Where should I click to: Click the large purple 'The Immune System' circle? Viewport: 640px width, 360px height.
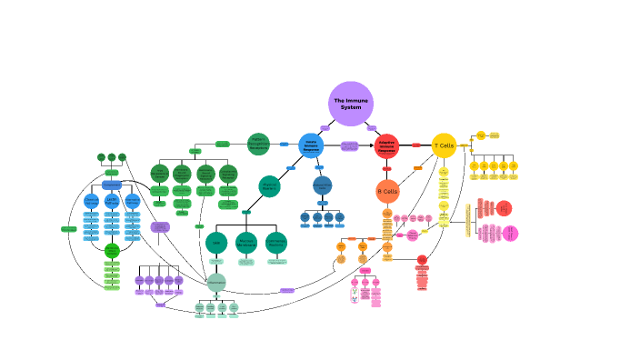click(x=351, y=104)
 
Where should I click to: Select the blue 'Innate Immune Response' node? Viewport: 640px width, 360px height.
click(x=311, y=145)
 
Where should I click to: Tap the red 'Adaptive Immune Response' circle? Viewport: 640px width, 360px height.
click(x=386, y=145)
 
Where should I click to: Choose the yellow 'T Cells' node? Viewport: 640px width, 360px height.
click(x=444, y=145)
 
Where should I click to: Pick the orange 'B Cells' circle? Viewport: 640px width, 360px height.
click(x=388, y=191)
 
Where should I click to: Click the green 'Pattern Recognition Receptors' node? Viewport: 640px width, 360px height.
click(x=258, y=144)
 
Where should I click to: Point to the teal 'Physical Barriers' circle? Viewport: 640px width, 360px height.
click(x=269, y=186)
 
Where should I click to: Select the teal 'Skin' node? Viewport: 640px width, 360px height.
click(x=216, y=243)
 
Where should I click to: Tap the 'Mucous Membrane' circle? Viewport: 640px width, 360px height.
click(x=246, y=243)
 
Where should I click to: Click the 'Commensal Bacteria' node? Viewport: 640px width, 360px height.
click(x=276, y=243)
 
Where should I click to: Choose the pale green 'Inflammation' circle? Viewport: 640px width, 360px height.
click(x=216, y=283)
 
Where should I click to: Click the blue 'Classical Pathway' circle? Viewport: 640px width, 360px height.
click(x=91, y=200)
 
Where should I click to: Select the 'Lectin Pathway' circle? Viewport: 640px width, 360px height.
click(x=112, y=200)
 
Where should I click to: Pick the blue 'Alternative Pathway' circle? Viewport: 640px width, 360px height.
click(x=133, y=200)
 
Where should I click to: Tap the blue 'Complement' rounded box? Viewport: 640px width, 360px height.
click(x=112, y=185)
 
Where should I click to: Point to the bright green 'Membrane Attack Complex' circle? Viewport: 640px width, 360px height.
click(x=112, y=250)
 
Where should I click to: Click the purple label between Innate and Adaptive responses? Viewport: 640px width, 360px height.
click(x=349, y=145)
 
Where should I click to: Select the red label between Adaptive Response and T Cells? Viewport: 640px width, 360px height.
click(x=416, y=145)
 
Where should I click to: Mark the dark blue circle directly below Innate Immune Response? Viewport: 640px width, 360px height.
click(x=323, y=185)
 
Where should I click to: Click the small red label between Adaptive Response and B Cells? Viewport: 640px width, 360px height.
click(x=386, y=169)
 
